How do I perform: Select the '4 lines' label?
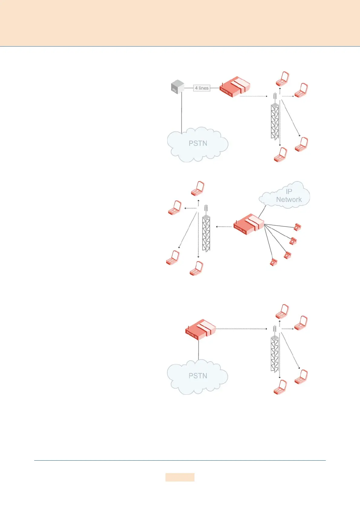(201, 88)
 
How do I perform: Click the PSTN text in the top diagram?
(198, 143)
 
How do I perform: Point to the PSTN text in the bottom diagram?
(198, 376)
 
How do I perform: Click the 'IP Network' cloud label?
(289, 196)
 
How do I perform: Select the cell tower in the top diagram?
(275, 120)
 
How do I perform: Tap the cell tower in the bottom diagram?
(274, 352)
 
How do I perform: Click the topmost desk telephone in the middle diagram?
(298, 227)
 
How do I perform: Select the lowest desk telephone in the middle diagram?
(274, 262)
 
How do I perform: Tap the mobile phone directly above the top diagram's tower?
(283, 79)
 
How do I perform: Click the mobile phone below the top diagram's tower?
(280, 155)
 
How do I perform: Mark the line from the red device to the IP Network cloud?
(262, 211)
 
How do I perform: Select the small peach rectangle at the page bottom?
(180, 477)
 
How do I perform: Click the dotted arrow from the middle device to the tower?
(224, 226)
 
